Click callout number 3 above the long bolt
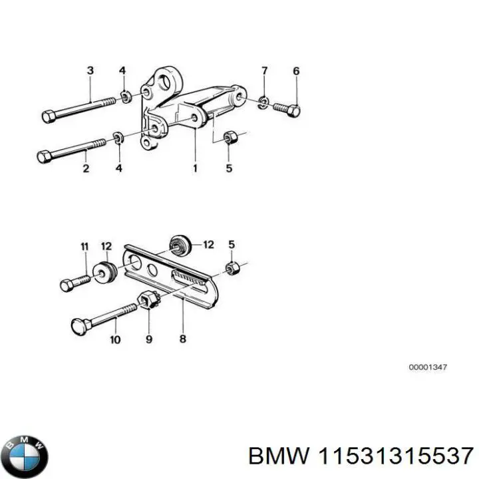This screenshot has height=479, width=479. (x=90, y=71)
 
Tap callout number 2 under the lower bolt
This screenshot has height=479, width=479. (x=86, y=169)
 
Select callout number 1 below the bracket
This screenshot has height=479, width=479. (x=195, y=169)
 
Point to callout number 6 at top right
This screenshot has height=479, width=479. (x=296, y=71)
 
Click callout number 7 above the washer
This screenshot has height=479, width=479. (x=264, y=71)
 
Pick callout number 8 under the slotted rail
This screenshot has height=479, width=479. (x=183, y=339)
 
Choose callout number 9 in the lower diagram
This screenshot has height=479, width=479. (x=149, y=339)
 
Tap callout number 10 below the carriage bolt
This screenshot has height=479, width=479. (x=114, y=339)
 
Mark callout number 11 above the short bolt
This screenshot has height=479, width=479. (x=84, y=247)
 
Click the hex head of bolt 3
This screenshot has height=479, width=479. (x=48, y=117)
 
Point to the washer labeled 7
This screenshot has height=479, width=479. (x=263, y=102)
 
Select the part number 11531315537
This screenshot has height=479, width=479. (x=397, y=457)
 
